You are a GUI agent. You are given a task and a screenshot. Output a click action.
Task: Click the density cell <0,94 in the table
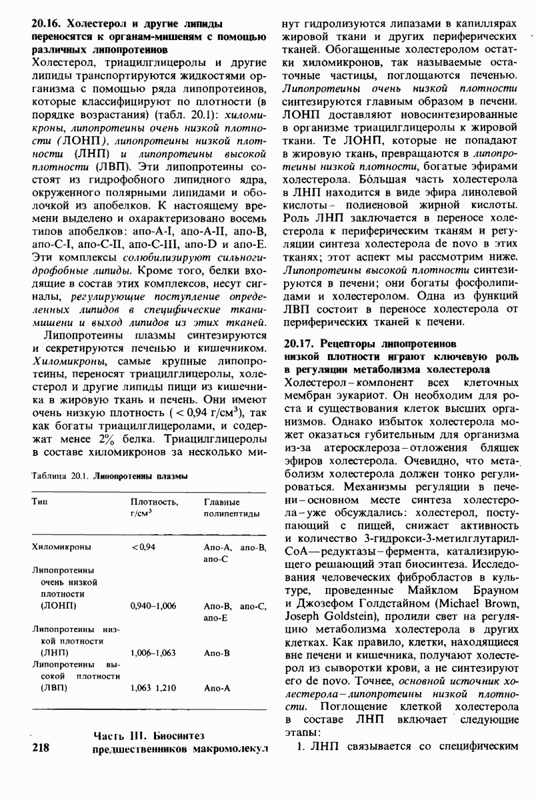(x=143, y=547)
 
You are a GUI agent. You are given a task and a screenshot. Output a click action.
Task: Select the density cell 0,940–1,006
(x=153, y=605)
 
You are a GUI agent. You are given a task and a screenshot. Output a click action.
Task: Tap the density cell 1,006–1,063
(x=153, y=653)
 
